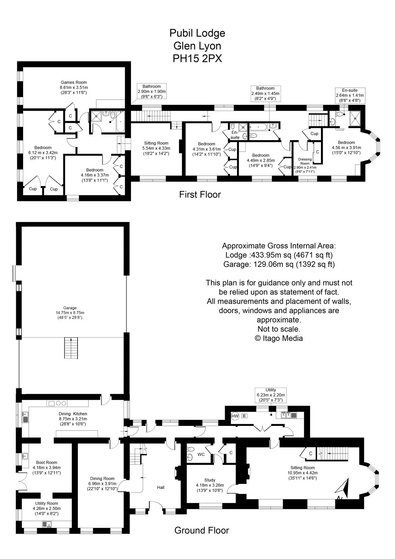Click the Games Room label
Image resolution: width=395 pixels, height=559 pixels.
[73, 82]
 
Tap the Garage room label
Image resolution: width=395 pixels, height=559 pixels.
[70, 308]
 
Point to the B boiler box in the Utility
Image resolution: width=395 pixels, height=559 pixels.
[245, 416]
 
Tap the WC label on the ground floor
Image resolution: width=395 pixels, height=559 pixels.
[201, 455]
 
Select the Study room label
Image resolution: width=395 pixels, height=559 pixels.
[210, 480]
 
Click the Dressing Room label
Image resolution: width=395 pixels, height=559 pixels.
[304, 161]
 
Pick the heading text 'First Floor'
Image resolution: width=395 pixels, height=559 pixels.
[200, 195]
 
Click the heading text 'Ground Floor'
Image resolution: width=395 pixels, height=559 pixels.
[202, 530]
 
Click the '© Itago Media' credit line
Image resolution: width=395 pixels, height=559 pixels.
[279, 338]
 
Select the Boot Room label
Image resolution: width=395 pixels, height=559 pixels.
[46, 463]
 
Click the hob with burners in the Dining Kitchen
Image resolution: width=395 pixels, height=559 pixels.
[58, 404]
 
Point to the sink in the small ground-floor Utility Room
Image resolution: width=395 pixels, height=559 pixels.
[47, 524]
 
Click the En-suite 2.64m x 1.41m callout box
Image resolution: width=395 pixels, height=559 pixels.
[350, 95]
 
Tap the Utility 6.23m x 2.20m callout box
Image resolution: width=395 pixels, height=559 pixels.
[271, 395]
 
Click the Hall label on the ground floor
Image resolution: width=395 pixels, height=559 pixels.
[160, 487]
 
